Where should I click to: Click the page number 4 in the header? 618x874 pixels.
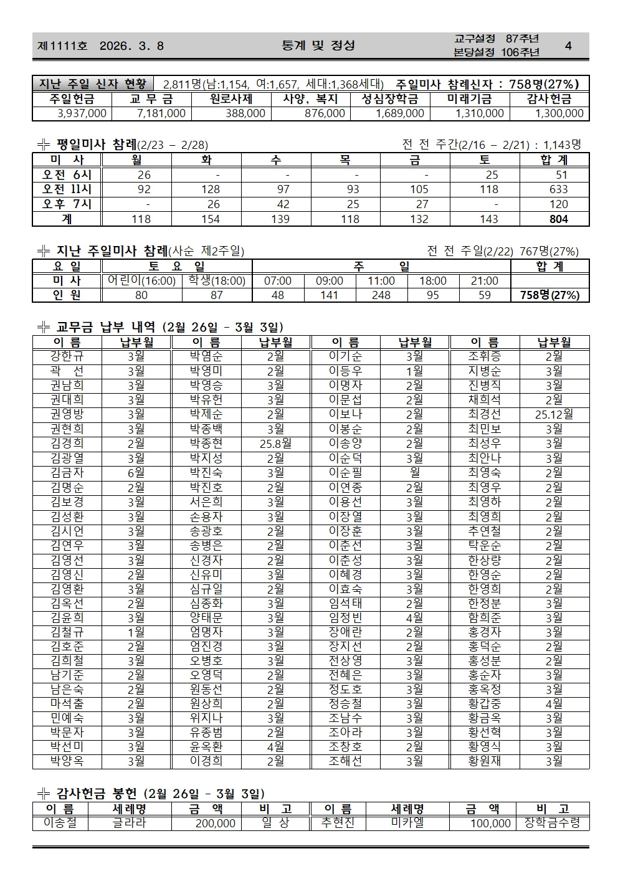(568, 45)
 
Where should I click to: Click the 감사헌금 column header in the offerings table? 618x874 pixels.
(549, 99)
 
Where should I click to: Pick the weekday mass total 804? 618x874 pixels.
(558, 219)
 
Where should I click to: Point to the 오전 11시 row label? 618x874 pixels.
(67, 189)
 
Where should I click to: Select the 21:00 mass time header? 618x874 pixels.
(485, 281)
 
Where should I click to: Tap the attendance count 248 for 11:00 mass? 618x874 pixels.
(381, 295)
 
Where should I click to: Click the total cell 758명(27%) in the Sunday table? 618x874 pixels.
(549, 295)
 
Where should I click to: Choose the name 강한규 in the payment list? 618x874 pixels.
(67, 356)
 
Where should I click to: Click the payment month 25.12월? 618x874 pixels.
(554, 414)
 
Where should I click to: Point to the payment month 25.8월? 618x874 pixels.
(275, 444)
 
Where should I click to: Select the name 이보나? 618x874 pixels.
(345, 414)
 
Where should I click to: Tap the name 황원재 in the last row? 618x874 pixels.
(484, 761)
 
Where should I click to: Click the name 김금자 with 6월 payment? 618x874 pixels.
(67, 472)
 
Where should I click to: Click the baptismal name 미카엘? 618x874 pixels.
(407, 824)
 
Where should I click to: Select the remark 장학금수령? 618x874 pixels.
(553, 824)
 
